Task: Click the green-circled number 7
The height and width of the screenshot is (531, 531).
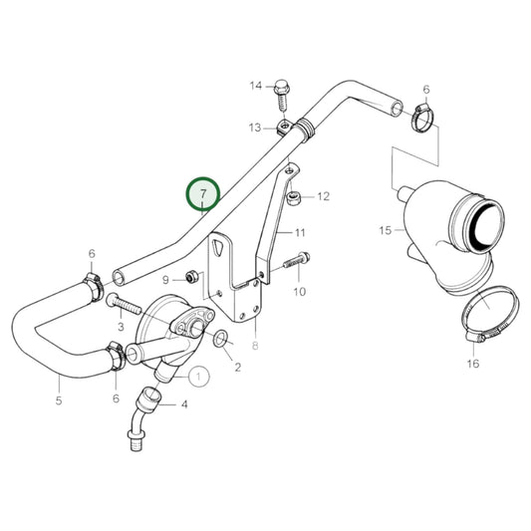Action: pyautogui.click(x=204, y=193)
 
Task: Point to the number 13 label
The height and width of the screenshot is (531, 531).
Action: pyautogui.click(x=256, y=128)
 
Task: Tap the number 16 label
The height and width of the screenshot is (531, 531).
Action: pyautogui.click(x=472, y=364)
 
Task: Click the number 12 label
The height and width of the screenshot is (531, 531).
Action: pyautogui.click(x=323, y=197)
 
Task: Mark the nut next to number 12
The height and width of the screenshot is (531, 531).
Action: pyautogui.click(x=295, y=199)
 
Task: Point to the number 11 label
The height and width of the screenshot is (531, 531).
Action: pyautogui.click(x=298, y=232)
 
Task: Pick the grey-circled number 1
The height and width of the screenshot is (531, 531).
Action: pyautogui.click(x=198, y=376)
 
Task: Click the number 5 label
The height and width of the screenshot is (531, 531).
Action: pyautogui.click(x=59, y=401)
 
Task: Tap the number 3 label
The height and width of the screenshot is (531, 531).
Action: pyautogui.click(x=120, y=327)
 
